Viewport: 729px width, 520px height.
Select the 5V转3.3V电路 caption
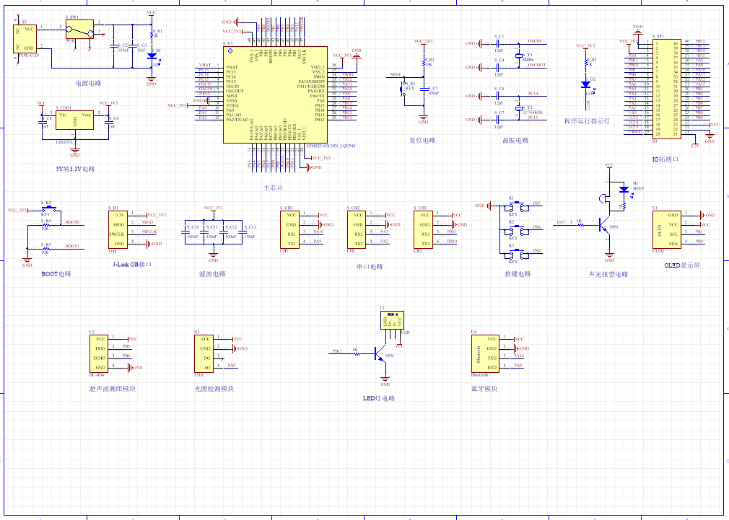click(75, 169)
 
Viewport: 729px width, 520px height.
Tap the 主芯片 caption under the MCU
click(274, 188)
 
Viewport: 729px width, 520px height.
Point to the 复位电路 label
click(422, 141)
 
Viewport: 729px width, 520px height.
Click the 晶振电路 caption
click(515, 141)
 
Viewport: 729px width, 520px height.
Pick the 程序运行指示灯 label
click(586, 121)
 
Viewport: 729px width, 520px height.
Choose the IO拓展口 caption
click(665, 159)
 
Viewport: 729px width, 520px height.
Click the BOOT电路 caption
click(56, 274)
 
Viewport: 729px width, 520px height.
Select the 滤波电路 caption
click(212, 274)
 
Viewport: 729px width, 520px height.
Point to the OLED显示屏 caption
click(682, 265)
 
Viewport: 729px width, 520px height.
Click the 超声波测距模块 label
click(112, 389)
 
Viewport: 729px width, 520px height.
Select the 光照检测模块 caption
click(214, 389)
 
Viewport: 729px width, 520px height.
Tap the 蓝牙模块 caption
click(484, 389)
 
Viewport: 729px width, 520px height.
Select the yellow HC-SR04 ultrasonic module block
click(100, 353)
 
